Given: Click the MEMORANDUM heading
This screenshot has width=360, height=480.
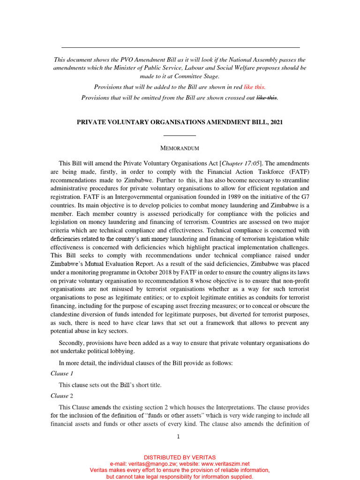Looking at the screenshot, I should coord(180,149).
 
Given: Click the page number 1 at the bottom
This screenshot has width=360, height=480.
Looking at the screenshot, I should coord(178,437).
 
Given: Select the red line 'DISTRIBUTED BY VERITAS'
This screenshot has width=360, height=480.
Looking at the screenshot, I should coord(180,457).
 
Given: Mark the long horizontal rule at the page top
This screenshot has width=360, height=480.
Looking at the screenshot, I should coord(180,47).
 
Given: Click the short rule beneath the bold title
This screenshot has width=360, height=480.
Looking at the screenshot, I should coord(180,135).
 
